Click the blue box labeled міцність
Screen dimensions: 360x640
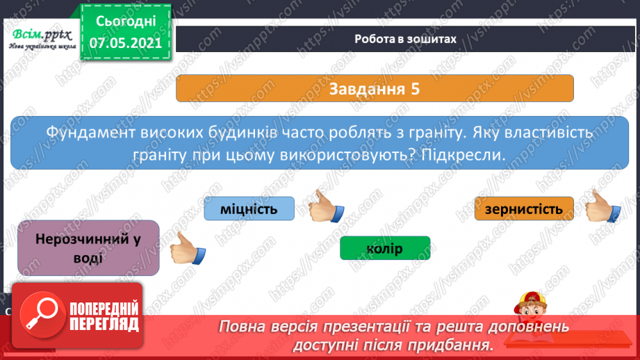pos(249,208)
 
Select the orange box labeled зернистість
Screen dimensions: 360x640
pos(524,208)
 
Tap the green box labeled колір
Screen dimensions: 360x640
pos(385,248)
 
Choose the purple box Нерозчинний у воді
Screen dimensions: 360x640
pos(88,248)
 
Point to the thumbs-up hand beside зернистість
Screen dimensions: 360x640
pos(602,206)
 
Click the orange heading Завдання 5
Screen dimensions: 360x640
pos(375,89)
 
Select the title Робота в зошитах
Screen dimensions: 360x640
pos(405,39)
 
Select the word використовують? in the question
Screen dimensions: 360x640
pos(347,155)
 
